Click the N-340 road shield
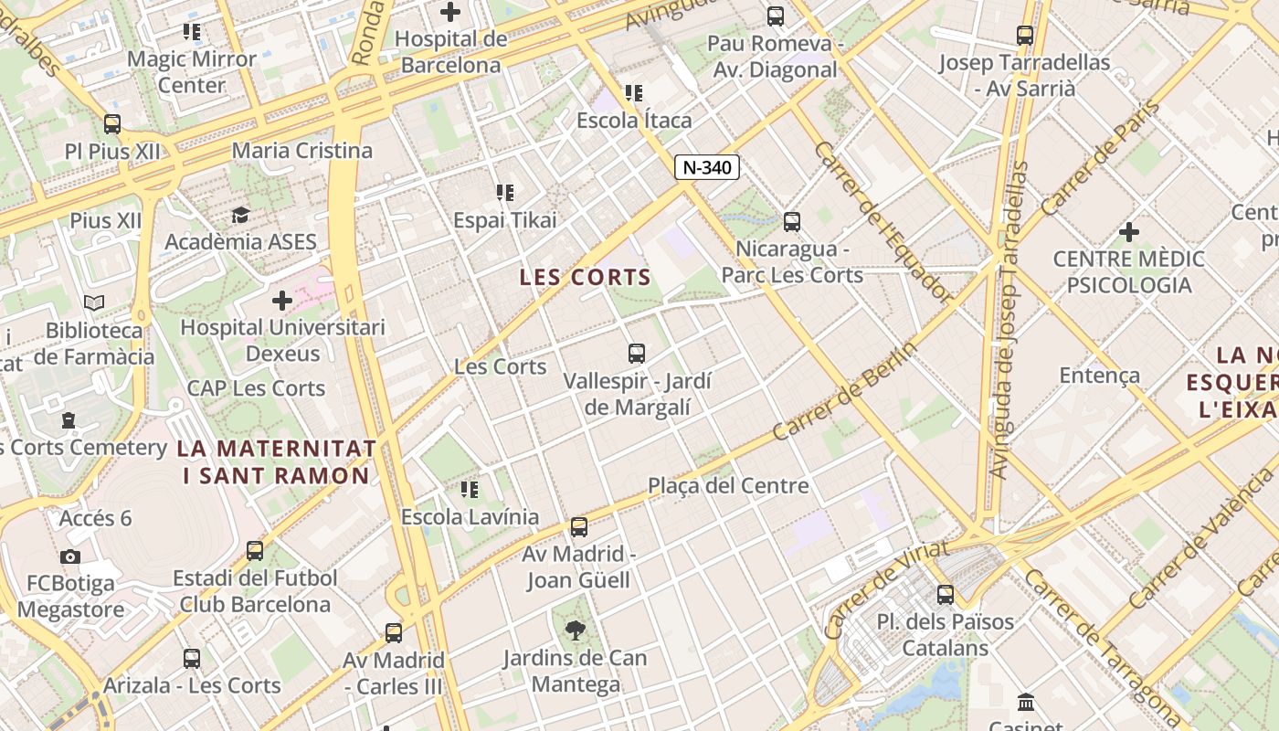click(x=706, y=167)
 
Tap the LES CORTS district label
click(x=586, y=278)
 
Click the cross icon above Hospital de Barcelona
click(x=450, y=12)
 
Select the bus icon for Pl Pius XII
click(x=112, y=123)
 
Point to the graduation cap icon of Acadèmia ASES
click(x=240, y=215)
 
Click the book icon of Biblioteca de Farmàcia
click(x=94, y=302)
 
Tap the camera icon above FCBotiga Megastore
click(x=70, y=556)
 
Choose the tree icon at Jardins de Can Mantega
click(x=576, y=629)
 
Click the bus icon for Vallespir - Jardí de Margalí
click(x=637, y=353)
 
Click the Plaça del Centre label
click(x=728, y=485)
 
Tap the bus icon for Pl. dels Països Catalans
click(x=946, y=594)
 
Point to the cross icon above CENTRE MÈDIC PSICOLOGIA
click(x=1129, y=232)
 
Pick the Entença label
click(x=1099, y=375)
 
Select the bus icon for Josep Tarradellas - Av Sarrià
click(x=1025, y=36)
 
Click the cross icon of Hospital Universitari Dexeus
click(x=282, y=300)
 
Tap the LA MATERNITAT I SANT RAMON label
click(x=276, y=461)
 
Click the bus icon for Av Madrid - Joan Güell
click(x=579, y=526)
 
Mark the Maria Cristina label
click(x=302, y=151)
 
